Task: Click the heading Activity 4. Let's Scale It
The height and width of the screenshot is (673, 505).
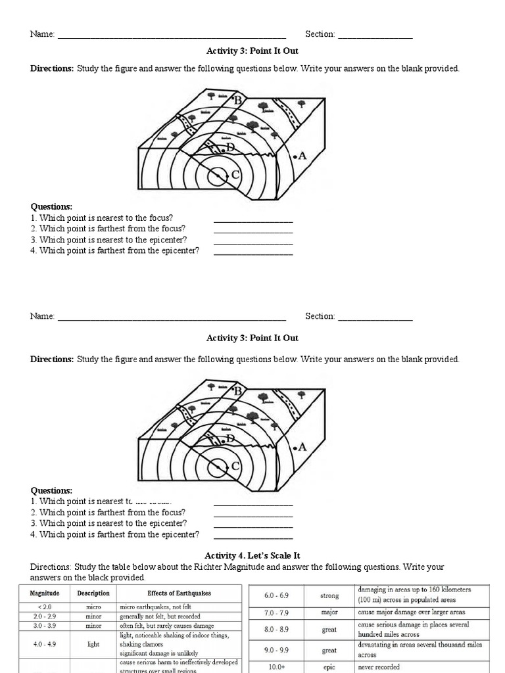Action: pos(252,555)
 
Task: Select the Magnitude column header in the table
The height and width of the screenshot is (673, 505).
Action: pos(45,593)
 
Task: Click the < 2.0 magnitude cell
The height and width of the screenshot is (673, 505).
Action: pos(45,607)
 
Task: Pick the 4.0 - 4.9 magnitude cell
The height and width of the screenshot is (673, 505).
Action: pos(45,645)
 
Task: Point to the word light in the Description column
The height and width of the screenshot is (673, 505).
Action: pos(93,645)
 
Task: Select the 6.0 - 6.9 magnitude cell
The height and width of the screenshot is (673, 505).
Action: pos(276,595)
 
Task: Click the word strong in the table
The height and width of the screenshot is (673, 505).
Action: pos(329,595)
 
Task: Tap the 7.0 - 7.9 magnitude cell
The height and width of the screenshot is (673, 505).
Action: pos(276,613)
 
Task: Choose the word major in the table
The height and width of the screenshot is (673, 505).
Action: pos(329,613)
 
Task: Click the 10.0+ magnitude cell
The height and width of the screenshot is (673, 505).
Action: pos(276,666)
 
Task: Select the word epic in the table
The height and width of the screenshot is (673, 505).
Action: pos(329,666)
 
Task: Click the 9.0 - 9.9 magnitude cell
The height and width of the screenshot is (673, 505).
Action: pos(276,651)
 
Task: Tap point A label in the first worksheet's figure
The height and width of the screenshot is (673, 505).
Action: pos(302,156)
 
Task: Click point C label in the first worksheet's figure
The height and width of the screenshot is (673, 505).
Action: pos(235,175)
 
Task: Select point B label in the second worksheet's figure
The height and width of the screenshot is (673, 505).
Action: pos(238,391)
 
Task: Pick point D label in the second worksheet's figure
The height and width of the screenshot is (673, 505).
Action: pos(230,438)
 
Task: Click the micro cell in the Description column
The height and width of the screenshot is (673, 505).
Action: pos(93,607)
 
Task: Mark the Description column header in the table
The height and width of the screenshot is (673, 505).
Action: pos(93,593)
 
